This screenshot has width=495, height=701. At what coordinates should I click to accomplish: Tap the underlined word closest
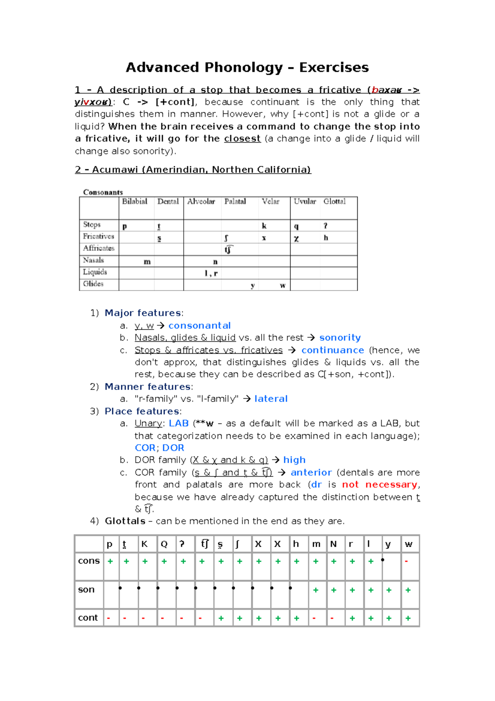(x=242, y=139)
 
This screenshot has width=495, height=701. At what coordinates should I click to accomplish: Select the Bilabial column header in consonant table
(x=134, y=201)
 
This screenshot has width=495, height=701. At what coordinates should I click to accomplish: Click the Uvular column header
(x=305, y=201)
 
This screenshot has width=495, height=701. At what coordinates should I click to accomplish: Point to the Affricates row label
(x=99, y=248)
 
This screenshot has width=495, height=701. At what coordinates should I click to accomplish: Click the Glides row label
(x=93, y=284)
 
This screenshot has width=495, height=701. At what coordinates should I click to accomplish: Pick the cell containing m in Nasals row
(x=147, y=262)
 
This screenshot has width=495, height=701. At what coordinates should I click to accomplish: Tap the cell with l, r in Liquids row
(x=211, y=273)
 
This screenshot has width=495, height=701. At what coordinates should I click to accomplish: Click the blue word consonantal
(x=199, y=326)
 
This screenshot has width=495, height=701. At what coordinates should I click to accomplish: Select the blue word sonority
(x=340, y=338)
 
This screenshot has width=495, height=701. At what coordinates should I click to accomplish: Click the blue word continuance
(x=332, y=350)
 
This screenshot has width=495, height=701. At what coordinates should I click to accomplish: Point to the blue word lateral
(x=271, y=399)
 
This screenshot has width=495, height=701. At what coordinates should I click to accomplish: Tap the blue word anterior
(x=311, y=472)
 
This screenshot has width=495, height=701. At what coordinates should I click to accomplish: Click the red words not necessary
(x=379, y=485)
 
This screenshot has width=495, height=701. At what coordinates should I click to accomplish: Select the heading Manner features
(x=147, y=387)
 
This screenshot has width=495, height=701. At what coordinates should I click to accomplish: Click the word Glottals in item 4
(x=125, y=521)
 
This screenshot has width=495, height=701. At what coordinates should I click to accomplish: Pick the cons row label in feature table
(x=89, y=561)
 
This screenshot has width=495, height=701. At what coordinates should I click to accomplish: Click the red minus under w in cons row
(x=406, y=561)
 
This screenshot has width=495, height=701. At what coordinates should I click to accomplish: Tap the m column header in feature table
(x=316, y=544)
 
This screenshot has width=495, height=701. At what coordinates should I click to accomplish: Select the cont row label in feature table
(x=88, y=618)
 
